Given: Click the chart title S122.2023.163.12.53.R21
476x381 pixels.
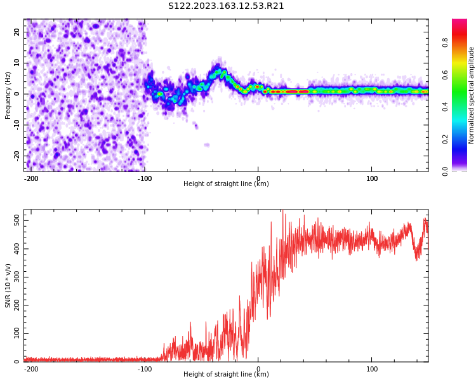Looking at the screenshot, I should pos(226,6).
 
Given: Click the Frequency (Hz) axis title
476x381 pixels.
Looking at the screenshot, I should pos(8,95).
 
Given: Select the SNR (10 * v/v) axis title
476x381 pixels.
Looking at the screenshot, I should pos(8,286).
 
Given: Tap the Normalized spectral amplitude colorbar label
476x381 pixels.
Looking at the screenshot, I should pos(472,95).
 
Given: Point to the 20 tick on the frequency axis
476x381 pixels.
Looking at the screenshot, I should pos(18,32).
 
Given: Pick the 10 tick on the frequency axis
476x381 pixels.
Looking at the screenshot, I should pos(18,63).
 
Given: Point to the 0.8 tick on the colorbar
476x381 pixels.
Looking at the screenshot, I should pos(445,43).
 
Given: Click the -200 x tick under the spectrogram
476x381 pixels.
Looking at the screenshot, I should pos(31,178).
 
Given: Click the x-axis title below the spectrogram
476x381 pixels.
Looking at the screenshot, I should pos(226,184).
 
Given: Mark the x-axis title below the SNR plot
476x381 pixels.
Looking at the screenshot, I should pos(226,375).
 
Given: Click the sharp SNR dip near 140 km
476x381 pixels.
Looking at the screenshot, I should pos(417,257).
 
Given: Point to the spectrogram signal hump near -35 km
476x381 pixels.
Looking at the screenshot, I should pos(218,72).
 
